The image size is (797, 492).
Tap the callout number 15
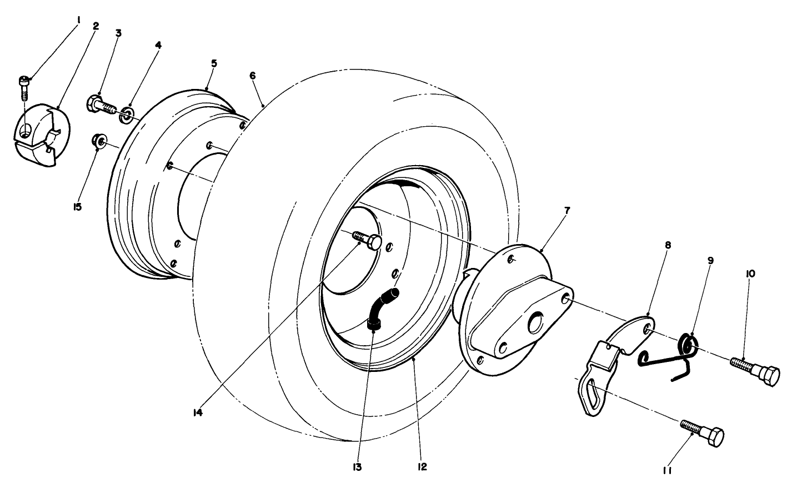tap(77, 207)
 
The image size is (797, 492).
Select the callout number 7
tap(567, 211)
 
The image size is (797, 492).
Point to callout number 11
tap(667, 471)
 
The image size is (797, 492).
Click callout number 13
tap(357, 467)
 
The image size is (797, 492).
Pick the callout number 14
tap(198, 413)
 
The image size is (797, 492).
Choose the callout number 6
tap(252, 76)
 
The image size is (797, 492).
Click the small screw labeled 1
tap(24, 88)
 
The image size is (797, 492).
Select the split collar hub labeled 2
tap(42, 135)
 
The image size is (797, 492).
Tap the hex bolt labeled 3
tap(102, 105)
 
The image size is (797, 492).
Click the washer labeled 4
tap(126, 114)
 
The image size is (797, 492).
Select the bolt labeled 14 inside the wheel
tap(367, 240)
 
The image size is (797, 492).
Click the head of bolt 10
tap(769, 375)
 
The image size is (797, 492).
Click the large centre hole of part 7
tap(535, 322)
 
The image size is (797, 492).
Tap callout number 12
tap(422, 467)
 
